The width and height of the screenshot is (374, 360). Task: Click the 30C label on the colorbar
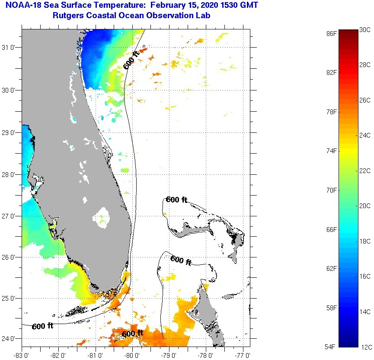[x=365, y=29]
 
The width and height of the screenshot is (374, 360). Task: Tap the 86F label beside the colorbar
[x=331, y=33]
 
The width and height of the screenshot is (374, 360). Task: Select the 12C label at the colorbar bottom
[x=365, y=347]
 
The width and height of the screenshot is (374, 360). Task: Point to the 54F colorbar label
[x=331, y=347]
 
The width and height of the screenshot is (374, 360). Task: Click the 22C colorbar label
[x=365, y=170]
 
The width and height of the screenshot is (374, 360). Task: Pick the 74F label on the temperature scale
[x=331, y=151]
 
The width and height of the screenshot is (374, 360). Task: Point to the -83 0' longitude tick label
[x=22, y=355]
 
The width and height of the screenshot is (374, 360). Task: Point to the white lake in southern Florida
[x=103, y=215]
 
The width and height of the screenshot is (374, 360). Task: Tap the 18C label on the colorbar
[x=365, y=241]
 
